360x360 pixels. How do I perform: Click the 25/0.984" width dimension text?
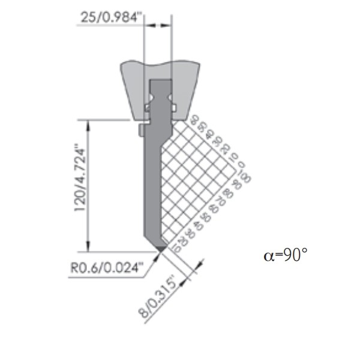point(111,17)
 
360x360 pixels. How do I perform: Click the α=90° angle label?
point(285,255)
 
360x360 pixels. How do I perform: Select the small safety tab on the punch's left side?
point(140,130)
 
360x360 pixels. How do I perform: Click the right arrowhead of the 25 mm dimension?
point(169,25)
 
